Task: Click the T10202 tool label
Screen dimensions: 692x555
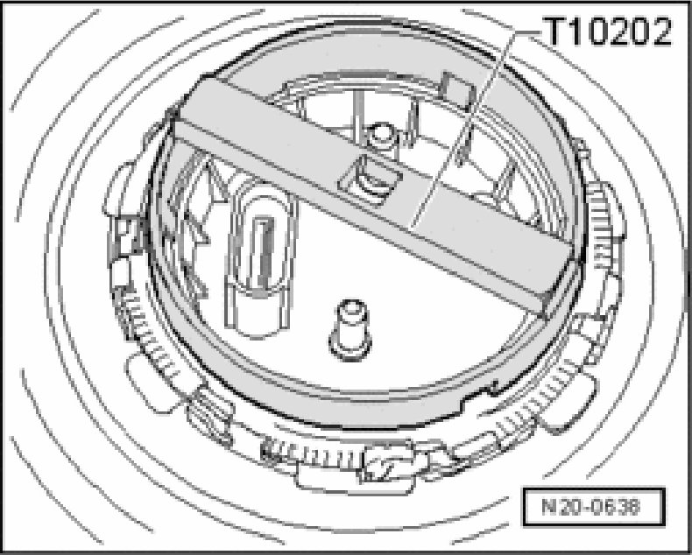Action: click(607, 32)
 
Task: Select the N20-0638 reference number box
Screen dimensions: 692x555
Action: click(594, 507)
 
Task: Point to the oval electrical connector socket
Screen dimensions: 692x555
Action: click(260, 256)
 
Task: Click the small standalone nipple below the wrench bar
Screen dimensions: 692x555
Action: click(350, 330)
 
